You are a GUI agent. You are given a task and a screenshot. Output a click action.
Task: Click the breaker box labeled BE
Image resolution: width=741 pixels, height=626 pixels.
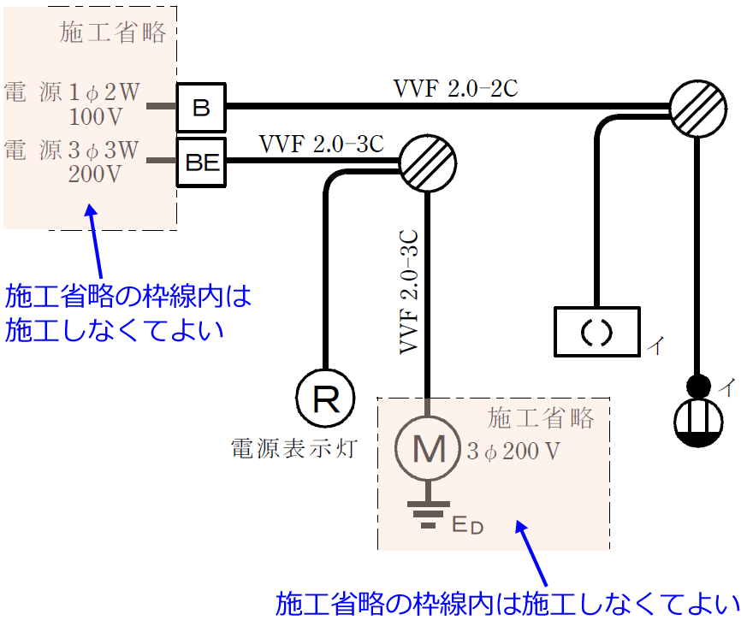tap(202, 162)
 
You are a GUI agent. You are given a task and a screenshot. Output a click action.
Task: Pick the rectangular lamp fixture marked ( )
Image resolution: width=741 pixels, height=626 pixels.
tap(596, 332)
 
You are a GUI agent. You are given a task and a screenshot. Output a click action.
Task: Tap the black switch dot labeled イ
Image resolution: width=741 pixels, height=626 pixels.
tap(699, 386)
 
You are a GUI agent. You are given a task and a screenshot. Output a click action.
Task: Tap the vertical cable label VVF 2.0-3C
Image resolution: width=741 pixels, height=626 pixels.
tap(409, 292)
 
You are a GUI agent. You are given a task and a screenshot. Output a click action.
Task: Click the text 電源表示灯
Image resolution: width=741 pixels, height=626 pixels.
tap(293, 446)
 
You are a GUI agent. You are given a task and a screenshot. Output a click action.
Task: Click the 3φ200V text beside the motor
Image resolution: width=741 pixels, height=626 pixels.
tap(514, 451)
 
